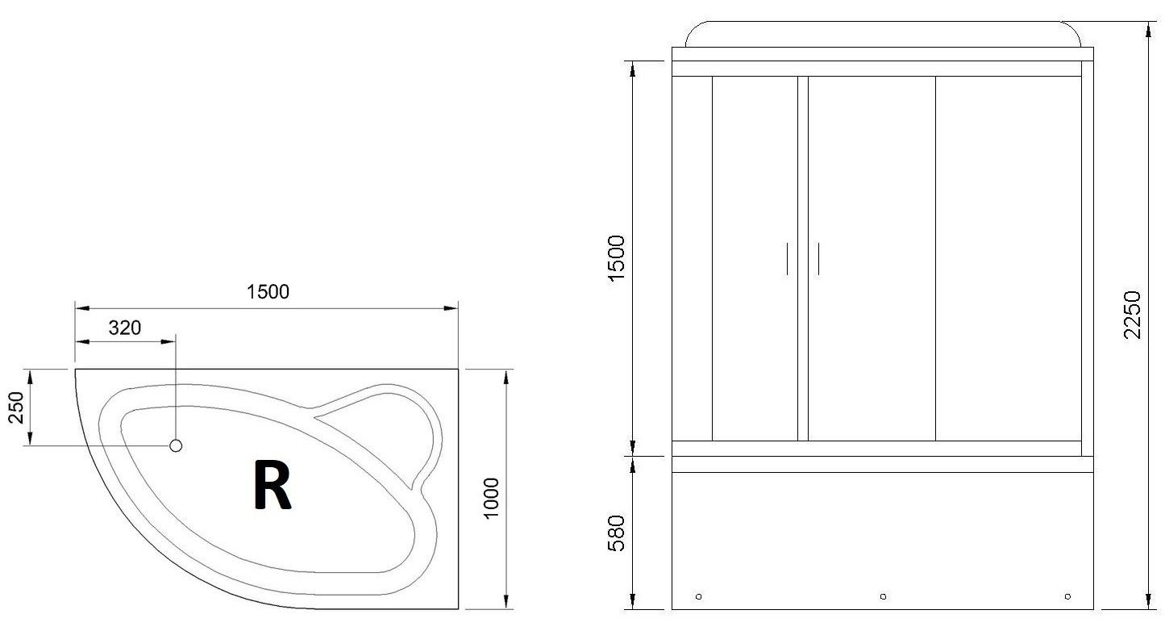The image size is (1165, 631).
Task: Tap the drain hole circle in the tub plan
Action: click(176, 445)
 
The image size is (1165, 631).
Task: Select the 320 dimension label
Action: click(125, 328)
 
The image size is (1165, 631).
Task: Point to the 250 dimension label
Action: click(17, 407)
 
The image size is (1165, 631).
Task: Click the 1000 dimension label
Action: click(491, 498)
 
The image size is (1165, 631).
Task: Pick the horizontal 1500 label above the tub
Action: click(268, 291)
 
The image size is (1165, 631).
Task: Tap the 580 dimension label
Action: click(616, 533)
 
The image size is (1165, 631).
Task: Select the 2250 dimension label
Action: click(1132, 315)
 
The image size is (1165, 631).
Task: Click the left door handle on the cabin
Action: click(788, 258)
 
